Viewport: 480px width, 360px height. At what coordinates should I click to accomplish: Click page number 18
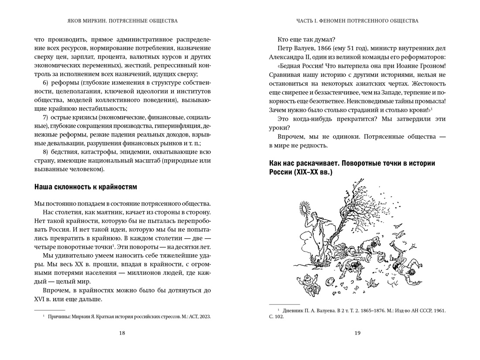(122, 333)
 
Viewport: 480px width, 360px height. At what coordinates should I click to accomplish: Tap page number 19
(357, 333)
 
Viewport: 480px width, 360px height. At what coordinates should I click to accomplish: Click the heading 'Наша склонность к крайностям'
(86, 187)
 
